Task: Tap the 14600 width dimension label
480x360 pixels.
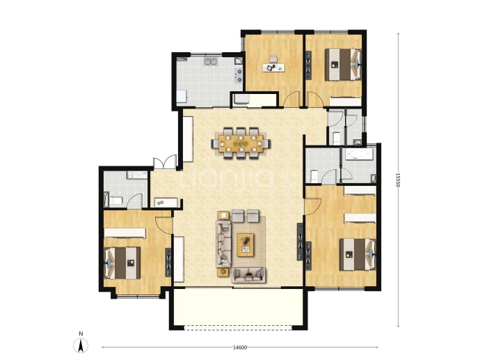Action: click(x=240, y=347)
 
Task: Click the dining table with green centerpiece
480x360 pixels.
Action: click(x=241, y=143)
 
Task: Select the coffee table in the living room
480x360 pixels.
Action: click(x=246, y=245)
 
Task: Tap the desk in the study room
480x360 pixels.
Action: click(x=273, y=68)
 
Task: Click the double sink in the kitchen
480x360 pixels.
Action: click(x=210, y=61)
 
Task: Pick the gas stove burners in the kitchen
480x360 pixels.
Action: click(x=239, y=76)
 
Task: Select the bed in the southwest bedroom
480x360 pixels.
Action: click(x=122, y=263)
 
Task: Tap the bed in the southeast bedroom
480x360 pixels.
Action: click(x=358, y=255)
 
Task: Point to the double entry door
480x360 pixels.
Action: click(x=165, y=162)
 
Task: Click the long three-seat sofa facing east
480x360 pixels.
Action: click(x=224, y=244)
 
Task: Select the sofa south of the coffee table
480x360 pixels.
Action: click(x=248, y=275)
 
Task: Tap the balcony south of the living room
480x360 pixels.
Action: click(x=238, y=308)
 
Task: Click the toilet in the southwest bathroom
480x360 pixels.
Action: click(x=115, y=201)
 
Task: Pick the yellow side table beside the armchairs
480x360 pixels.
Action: click(x=223, y=215)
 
